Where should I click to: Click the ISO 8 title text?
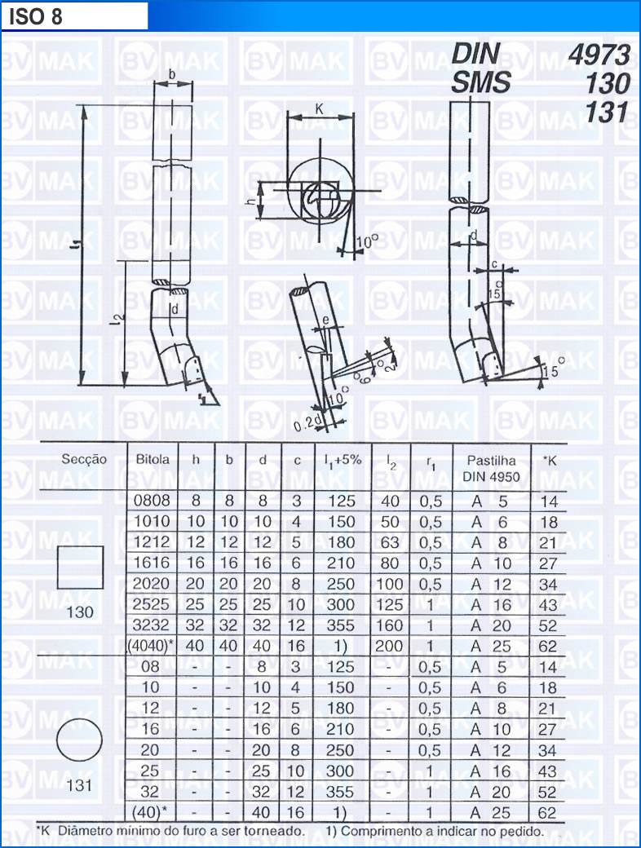pyautogui.click(x=36, y=17)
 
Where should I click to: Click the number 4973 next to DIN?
pyautogui.click(x=599, y=55)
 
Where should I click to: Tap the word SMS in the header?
pyautogui.click(x=480, y=82)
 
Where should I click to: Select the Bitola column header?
pyautogui.click(x=153, y=460)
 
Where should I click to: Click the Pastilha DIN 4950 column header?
pyautogui.click(x=491, y=468)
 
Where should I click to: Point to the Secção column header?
pyautogui.click(x=84, y=460)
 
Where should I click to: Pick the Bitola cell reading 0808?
pyautogui.click(x=152, y=501)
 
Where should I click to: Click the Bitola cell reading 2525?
pyautogui.click(x=152, y=604)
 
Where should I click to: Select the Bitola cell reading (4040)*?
pyautogui.click(x=151, y=646)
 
